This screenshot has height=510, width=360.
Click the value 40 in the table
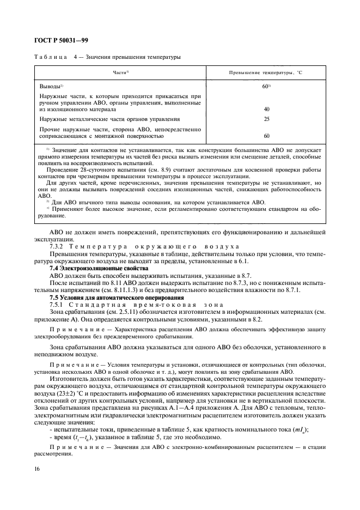[266, 109]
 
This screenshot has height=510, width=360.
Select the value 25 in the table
[266, 118]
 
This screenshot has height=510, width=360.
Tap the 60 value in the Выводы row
[266, 86]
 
